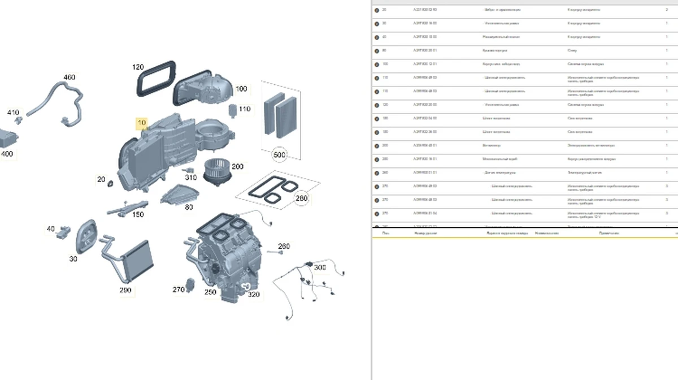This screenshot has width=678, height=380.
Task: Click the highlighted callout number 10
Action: tap(141, 123)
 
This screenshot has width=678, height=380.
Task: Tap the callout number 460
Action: tap(69, 77)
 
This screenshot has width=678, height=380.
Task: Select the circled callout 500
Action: tap(279, 155)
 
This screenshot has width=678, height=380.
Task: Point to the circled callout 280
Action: tap(302, 198)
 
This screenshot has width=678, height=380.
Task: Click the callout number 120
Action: tap(138, 67)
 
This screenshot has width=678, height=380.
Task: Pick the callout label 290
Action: tap(125, 290)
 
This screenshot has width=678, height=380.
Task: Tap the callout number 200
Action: tap(237, 166)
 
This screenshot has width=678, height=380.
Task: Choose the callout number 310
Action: tap(191, 178)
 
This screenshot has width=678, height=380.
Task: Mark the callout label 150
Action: tap(137, 214)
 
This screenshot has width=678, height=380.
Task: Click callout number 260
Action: tap(284, 246)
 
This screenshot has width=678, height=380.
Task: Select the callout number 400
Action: tap(7, 154)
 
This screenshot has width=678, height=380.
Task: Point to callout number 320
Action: tap(254, 294)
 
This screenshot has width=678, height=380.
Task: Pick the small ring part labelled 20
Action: tap(110, 184)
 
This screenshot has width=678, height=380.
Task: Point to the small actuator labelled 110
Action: tap(231, 109)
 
